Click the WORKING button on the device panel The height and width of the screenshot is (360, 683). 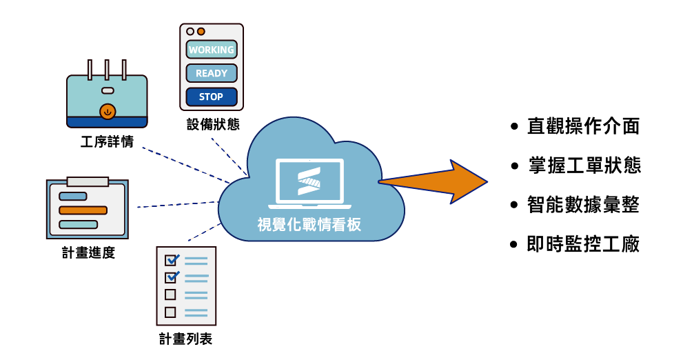click(x=212, y=50)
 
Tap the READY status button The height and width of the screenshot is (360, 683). click(x=212, y=73)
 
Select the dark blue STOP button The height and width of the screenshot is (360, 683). click(x=212, y=97)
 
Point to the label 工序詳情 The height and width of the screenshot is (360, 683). click(x=107, y=143)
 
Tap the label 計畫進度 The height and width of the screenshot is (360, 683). click(x=88, y=252)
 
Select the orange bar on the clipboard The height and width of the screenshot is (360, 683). click(x=83, y=210)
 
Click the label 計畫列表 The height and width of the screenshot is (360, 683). click(x=185, y=339)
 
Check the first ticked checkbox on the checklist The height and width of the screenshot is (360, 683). click(x=170, y=260)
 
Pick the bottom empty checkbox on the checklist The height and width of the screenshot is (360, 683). click(x=170, y=312)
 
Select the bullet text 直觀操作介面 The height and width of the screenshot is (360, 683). click(x=583, y=126)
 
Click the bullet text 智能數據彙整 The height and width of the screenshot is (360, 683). click(x=583, y=205)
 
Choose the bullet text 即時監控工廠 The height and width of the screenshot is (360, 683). click(x=583, y=244)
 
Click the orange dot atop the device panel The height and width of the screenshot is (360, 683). click(x=201, y=31)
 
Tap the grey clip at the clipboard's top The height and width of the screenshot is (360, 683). click(x=88, y=181)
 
